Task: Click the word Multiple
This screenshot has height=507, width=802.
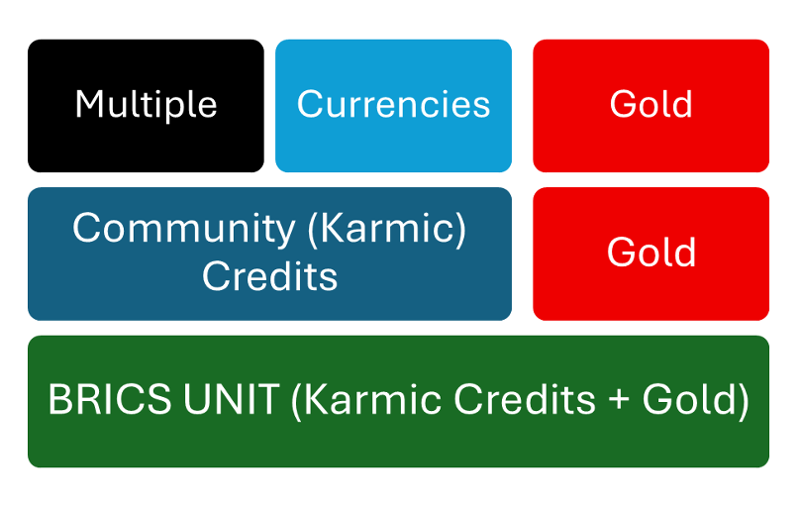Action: pos(146,104)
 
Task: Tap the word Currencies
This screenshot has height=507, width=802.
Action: pos(393,104)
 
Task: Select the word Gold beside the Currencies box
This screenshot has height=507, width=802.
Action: pos(651,104)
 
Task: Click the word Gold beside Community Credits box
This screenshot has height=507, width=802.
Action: pos(651,253)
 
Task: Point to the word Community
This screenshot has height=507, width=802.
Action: pos(182,229)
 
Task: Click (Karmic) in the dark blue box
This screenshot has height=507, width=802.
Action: pos(386,229)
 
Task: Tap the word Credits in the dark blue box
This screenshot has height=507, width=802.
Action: pos(269,276)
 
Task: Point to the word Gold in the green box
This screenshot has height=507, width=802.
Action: pos(688,400)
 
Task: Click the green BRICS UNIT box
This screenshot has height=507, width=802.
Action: pos(398,446)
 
